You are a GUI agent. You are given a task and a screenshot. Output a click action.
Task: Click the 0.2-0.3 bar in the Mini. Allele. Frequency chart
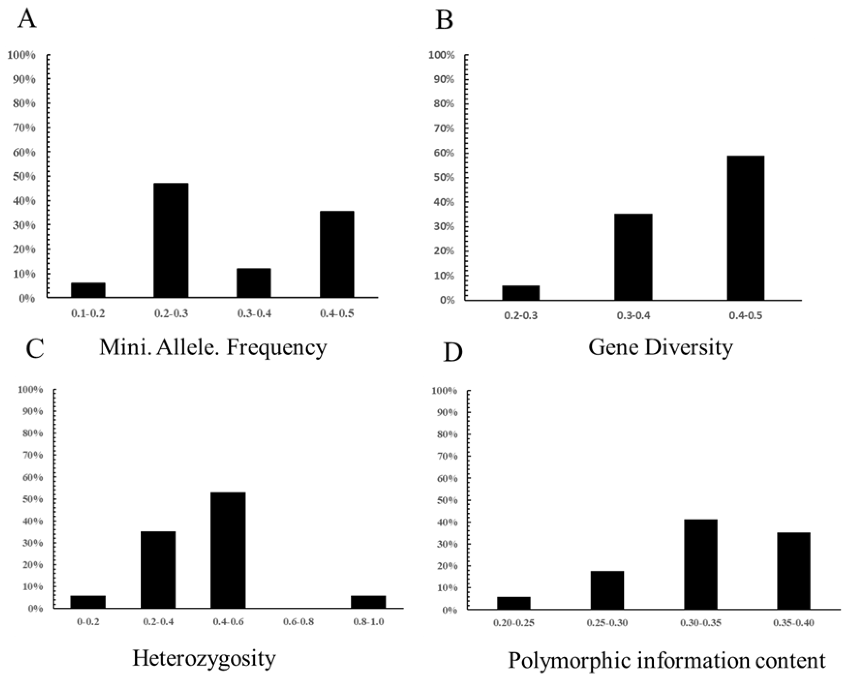(x=171, y=240)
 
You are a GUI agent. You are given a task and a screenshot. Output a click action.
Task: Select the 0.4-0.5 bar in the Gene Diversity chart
(x=745, y=228)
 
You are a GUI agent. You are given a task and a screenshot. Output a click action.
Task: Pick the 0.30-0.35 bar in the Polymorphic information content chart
(x=700, y=564)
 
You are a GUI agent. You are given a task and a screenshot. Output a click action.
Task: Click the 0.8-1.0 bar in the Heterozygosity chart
(x=368, y=602)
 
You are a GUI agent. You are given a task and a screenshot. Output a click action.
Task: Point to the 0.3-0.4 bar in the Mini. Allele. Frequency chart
(x=254, y=283)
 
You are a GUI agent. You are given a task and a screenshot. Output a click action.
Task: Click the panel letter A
(x=27, y=19)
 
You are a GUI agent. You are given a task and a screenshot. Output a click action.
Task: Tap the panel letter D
(x=452, y=353)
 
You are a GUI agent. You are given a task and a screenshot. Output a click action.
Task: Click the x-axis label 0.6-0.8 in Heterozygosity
(x=298, y=622)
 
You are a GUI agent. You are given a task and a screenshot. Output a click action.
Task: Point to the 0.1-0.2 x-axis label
(x=88, y=314)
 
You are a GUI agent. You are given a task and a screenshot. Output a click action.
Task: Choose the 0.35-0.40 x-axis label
(x=793, y=623)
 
